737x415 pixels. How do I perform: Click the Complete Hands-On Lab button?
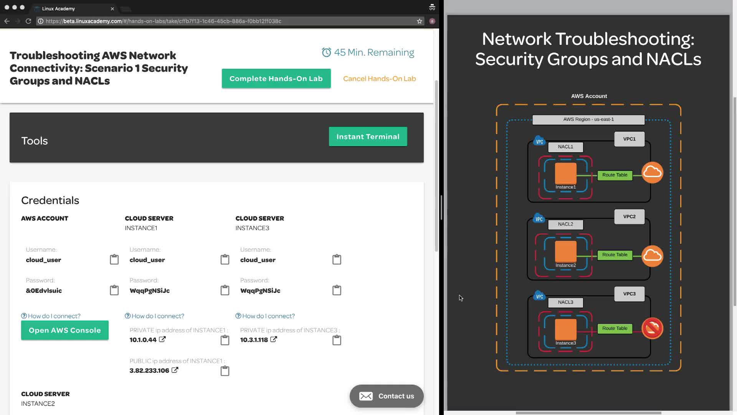(x=276, y=78)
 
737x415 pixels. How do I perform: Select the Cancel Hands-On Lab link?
(x=379, y=78)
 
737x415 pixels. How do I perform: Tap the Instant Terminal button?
(x=368, y=136)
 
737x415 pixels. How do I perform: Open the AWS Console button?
(x=64, y=330)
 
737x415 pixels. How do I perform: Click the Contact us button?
(x=387, y=396)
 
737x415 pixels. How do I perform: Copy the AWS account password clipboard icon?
(x=114, y=290)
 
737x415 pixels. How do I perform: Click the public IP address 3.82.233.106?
(x=149, y=370)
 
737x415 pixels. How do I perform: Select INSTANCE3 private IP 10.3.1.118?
(x=254, y=340)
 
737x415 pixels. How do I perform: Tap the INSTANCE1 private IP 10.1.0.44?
(x=143, y=340)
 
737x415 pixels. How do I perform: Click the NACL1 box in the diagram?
(x=565, y=147)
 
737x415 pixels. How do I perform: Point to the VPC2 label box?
(x=629, y=217)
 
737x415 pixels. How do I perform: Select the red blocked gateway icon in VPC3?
(x=652, y=328)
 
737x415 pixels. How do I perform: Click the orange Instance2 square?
(x=565, y=251)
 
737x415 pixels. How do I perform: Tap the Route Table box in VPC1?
(x=615, y=175)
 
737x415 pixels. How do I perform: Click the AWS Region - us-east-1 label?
(x=588, y=120)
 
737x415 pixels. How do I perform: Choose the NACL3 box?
(x=565, y=302)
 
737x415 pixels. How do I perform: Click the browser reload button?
(x=28, y=21)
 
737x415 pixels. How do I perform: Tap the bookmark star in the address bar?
(x=420, y=21)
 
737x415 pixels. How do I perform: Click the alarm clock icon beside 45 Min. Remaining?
(x=326, y=52)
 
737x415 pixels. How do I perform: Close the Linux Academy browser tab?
(x=112, y=8)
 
